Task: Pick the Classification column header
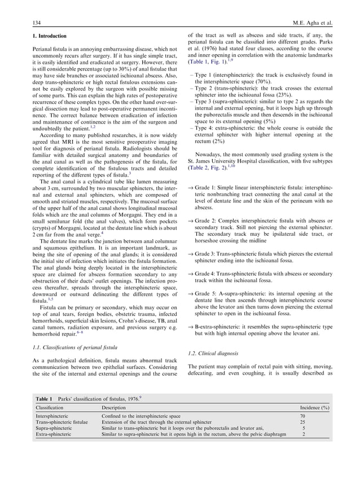49,407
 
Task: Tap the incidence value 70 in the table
303,416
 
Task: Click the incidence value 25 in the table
303,422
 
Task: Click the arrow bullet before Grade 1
190,187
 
